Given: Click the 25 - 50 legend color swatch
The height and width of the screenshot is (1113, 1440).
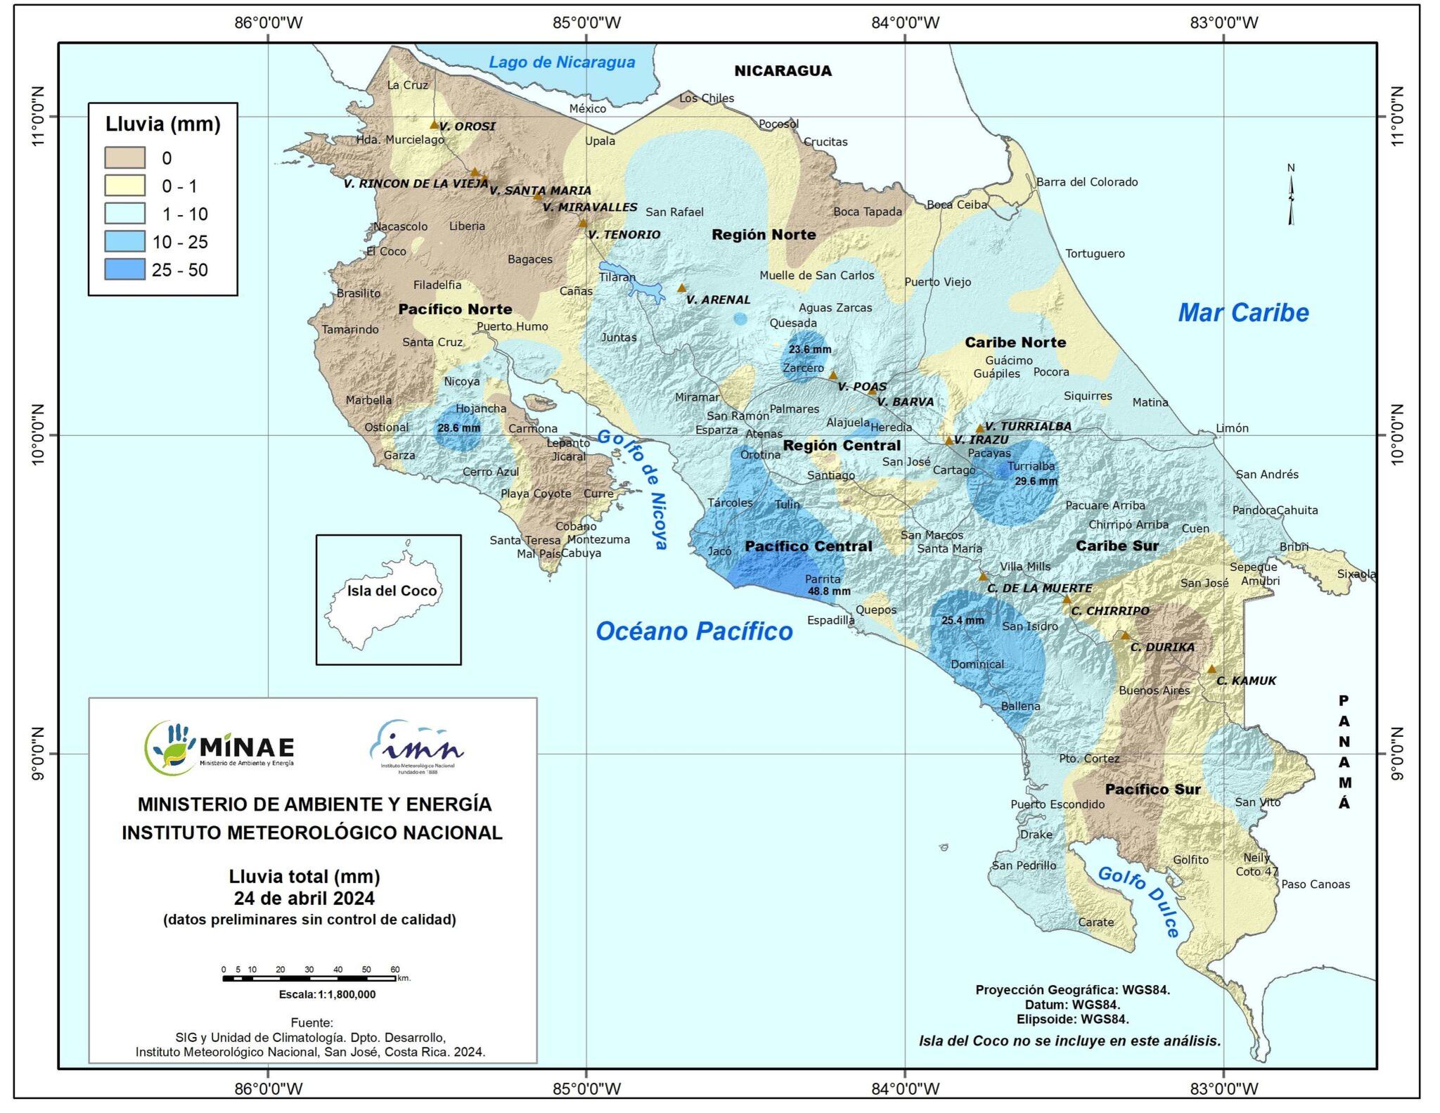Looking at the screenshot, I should point(124,269).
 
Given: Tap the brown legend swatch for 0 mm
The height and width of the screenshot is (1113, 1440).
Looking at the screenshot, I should point(124,157).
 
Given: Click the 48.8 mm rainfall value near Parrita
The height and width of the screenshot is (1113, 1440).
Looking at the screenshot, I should point(829,591).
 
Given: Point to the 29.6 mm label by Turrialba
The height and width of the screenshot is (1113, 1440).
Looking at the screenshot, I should point(1036,481).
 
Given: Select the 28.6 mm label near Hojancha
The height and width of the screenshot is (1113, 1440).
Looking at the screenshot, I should point(458,427).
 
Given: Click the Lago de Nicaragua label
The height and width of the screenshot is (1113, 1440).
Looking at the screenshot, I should point(562,62).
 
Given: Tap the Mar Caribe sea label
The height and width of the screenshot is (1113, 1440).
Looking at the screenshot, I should point(1243,312).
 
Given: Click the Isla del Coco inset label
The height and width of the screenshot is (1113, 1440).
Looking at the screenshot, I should point(392,591).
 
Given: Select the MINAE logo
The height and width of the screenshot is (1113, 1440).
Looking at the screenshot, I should point(219,747).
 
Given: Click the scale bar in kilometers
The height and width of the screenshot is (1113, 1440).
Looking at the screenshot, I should point(309,978).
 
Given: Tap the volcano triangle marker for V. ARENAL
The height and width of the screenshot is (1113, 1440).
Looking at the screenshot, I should point(681,288).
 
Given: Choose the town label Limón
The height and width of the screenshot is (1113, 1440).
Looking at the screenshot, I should point(1232,427).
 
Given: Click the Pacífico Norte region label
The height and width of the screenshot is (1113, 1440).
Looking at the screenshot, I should point(455,309).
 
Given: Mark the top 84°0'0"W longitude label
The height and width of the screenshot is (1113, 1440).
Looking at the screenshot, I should point(905,22).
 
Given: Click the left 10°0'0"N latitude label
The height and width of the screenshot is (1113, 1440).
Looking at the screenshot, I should point(37,434).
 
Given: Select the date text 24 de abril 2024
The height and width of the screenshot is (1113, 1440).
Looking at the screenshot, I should point(304,898).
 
